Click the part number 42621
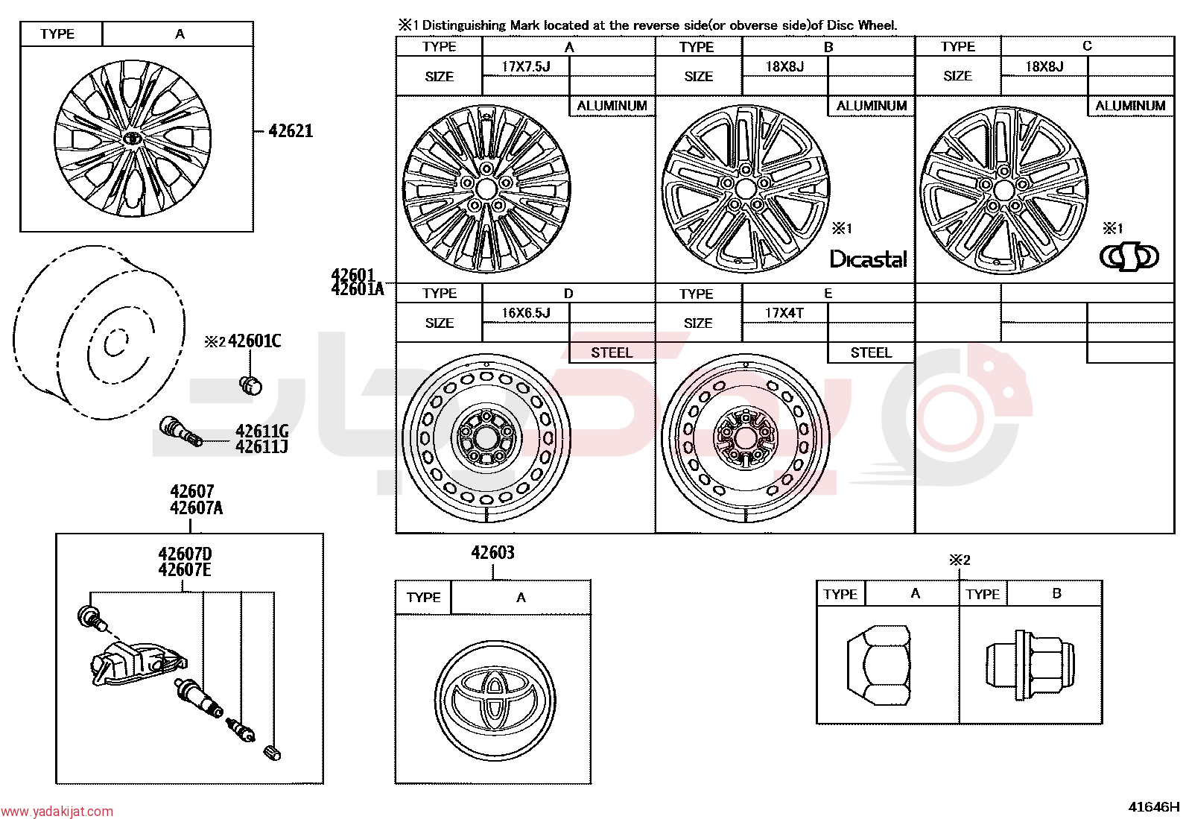pos(291,131)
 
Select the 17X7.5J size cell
pos(526,66)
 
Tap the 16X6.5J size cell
pos(526,312)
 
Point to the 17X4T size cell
pos(784,312)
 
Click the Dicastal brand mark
pos(869,259)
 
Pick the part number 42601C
pos(255,341)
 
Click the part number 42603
pos(492,552)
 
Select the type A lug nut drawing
pos(879,665)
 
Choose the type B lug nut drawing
pos(1030,665)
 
